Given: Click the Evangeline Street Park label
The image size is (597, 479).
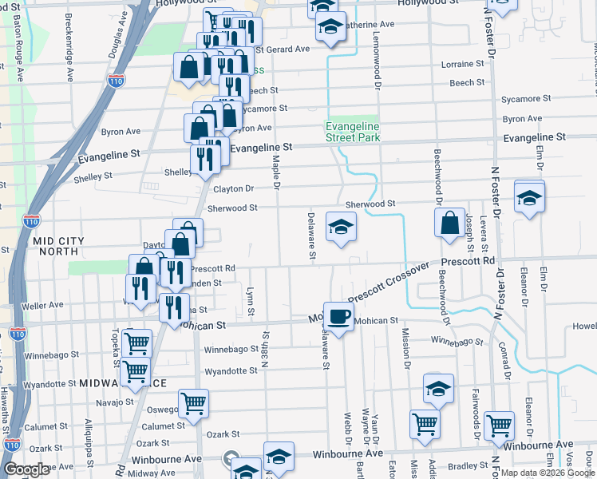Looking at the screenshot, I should click(352, 132).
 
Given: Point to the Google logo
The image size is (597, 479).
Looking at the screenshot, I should click(26, 469).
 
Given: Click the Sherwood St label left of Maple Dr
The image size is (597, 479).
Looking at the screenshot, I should click(232, 208).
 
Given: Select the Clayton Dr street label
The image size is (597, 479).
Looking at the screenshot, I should click(233, 189).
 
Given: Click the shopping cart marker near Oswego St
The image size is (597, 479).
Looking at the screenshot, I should click(194, 404).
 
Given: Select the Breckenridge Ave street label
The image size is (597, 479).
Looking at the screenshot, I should click(69, 48).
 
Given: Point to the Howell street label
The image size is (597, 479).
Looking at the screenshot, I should click(584, 327).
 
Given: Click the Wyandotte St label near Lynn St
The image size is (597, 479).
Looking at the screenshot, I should click(231, 371).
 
